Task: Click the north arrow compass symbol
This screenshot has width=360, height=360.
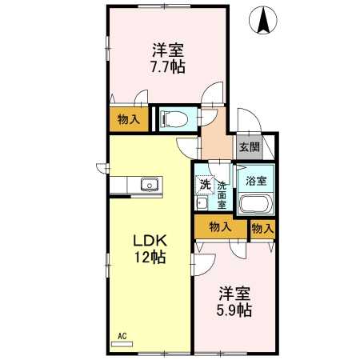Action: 263,20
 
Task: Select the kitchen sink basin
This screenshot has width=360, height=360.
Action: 150,185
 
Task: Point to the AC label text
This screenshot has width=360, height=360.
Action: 122,336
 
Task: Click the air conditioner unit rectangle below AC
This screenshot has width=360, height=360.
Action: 122,344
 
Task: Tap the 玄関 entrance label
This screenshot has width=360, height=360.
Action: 250,147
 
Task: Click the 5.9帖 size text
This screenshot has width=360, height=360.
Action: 234,310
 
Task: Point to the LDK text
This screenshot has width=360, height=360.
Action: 150,241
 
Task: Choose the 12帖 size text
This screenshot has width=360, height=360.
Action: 150,257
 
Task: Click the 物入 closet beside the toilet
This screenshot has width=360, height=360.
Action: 129,119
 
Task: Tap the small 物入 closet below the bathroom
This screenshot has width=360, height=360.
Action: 262,229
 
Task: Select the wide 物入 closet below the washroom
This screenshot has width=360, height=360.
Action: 220,226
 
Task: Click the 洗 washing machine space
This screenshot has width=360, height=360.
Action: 205,184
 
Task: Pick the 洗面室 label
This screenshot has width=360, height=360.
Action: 222,196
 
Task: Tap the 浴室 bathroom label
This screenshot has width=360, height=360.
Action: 256,182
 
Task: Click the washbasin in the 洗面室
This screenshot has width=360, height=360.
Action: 202,204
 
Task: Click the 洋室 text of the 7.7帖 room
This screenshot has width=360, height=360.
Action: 168,50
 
